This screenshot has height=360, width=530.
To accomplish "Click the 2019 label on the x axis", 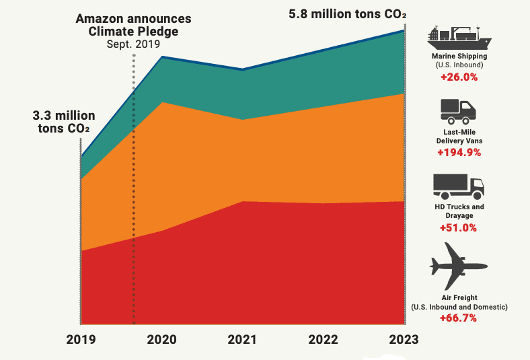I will pyautogui.click(x=81, y=340).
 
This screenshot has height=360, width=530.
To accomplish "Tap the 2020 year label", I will pyautogui.click(x=161, y=340).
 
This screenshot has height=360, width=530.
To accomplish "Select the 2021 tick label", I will pyautogui.click(x=242, y=340).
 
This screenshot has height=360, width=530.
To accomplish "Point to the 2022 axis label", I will pyautogui.click(x=323, y=340).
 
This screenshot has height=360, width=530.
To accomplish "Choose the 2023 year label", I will pyautogui.click(x=403, y=340).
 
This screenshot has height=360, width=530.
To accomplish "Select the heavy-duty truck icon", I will pyautogui.click(x=458, y=186).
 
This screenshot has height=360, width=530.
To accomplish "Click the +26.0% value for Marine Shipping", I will pyautogui.click(x=459, y=77).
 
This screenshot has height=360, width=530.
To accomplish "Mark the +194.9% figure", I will pyautogui.click(x=459, y=153).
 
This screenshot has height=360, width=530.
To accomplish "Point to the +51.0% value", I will pyautogui.click(x=459, y=228).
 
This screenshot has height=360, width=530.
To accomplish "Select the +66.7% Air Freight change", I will pyautogui.click(x=459, y=318).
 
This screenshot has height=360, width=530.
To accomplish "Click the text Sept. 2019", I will pyautogui.click(x=134, y=44).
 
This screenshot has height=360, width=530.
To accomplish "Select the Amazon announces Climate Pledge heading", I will pyautogui.click(x=134, y=24).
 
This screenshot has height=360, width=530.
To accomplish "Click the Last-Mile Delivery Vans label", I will pyautogui.click(x=459, y=137).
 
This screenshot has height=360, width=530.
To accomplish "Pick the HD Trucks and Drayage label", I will pyautogui.click(x=459, y=211).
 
